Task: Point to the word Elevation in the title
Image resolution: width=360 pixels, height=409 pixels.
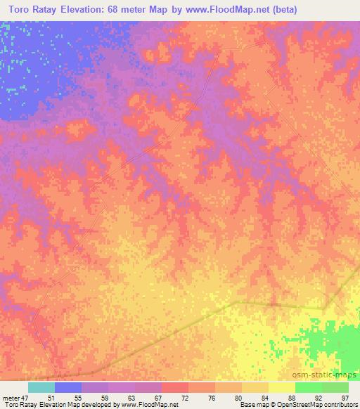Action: tap(110, 10)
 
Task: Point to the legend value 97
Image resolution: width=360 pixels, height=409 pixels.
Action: tap(345, 398)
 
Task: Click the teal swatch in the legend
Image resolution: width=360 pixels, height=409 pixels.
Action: tap(41, 387)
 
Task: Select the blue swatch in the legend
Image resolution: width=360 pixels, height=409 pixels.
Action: tap(68, 387)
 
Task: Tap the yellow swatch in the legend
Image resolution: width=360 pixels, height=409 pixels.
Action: tap(281, 387)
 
